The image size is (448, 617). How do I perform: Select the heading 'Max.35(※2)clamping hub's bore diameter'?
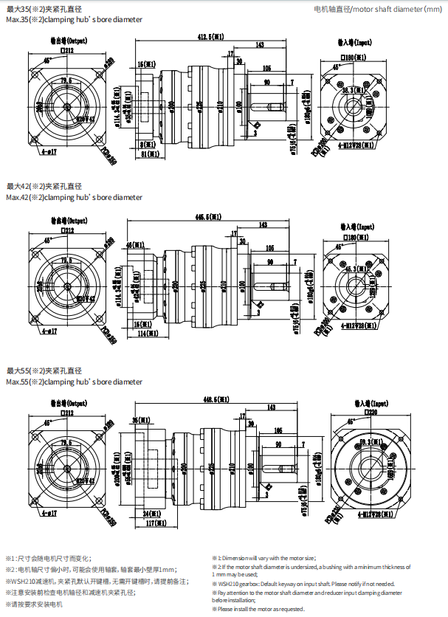(74, 20)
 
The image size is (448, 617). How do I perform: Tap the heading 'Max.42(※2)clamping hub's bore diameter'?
(74, 197)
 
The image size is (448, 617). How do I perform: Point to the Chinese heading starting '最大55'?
(44, 370)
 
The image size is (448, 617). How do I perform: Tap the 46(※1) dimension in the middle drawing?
(134, 244)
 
